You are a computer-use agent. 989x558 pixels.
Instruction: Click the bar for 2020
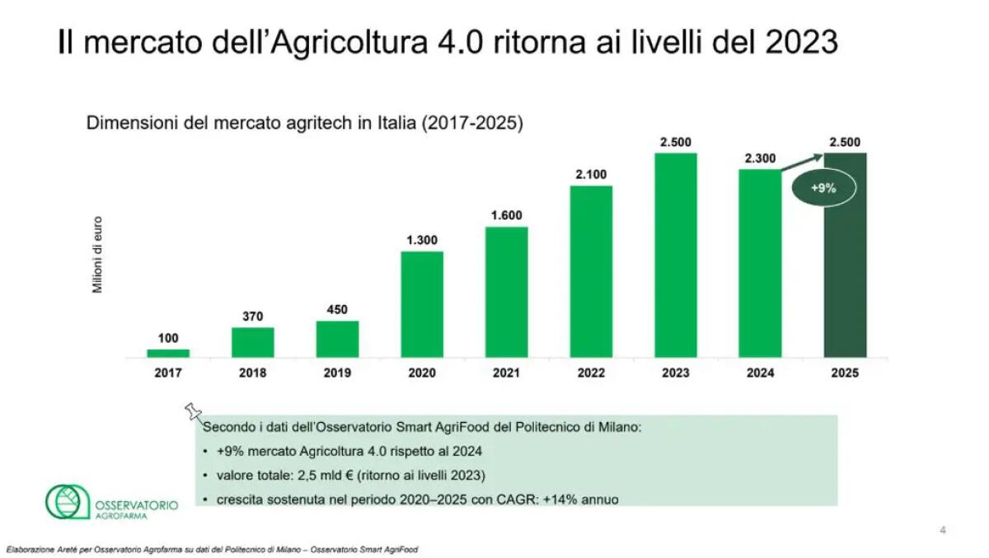coord(422,304)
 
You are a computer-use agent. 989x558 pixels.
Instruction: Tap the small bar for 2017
coord(168,353)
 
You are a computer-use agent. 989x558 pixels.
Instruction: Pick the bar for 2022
coord(591,271)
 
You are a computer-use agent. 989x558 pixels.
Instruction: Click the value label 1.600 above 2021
coord(506,215)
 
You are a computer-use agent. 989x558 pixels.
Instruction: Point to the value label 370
coord(252,316)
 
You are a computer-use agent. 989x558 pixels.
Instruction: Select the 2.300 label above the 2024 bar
coord(760,158)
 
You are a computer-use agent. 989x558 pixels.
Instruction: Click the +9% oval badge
coord(823,188)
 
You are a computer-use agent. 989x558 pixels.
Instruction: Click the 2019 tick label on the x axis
coord(337,373)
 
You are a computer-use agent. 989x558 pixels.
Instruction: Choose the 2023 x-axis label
coord(675,373)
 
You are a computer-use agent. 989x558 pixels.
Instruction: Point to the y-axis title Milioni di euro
coord(96,256)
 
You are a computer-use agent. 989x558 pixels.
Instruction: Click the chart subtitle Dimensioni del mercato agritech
coord(305,124)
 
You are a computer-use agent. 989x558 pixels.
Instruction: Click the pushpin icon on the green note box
coord(194,411)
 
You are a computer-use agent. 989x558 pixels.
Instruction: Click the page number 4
coord(943,530)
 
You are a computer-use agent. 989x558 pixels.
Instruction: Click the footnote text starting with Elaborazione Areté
coord(211,549)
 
